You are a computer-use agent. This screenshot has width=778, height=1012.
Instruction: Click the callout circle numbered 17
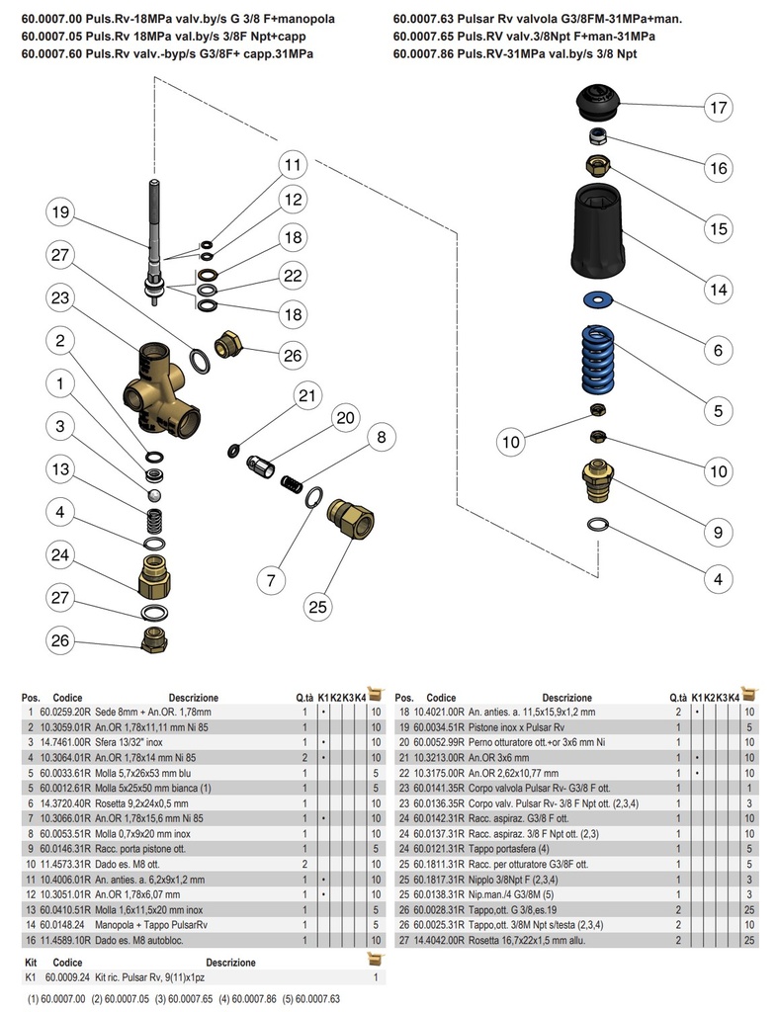pos(718,107)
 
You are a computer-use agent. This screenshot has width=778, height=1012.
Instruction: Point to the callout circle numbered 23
pos(61,297)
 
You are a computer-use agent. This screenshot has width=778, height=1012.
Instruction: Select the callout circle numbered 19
pos(61,212)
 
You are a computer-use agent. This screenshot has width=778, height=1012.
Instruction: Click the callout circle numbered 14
pos(718,290)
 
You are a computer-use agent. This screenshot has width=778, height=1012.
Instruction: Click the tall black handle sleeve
pos(598,232)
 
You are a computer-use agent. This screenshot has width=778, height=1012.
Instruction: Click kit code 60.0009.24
pos(67,976)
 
